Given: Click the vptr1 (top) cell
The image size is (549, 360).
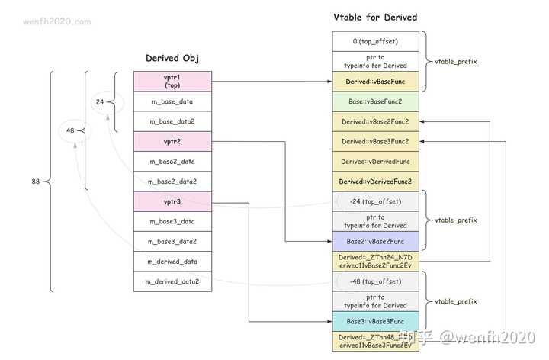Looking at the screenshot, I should point(172,82).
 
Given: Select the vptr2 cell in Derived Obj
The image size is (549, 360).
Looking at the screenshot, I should point(172,141).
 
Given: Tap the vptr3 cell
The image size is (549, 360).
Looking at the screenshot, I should point(172,201).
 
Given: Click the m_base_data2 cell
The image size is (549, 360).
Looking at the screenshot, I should point(172,121).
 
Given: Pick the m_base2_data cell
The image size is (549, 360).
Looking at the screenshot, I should point(172,161).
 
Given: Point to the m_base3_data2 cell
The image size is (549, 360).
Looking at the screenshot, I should point(172,241).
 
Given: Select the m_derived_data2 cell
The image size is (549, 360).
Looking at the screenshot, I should point(172,281).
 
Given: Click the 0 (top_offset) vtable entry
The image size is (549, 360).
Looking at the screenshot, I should point(375,41).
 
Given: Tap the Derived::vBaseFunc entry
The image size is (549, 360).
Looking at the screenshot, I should point(375,81).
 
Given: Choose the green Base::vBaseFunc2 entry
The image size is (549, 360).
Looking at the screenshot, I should point(375,101).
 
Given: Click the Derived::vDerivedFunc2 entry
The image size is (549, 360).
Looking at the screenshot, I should point(375,181).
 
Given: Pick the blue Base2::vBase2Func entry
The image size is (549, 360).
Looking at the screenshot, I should point(375,241).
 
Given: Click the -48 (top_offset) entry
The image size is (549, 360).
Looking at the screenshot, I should point(375,281).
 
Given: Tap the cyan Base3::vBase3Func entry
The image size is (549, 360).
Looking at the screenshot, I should point(375,321).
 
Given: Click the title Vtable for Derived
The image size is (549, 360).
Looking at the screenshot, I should point(375,17).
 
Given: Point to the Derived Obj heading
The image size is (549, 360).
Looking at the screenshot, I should point(172,58).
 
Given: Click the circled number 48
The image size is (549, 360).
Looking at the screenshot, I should point(69,130).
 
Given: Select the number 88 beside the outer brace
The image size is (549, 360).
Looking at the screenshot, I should point(36,182).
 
